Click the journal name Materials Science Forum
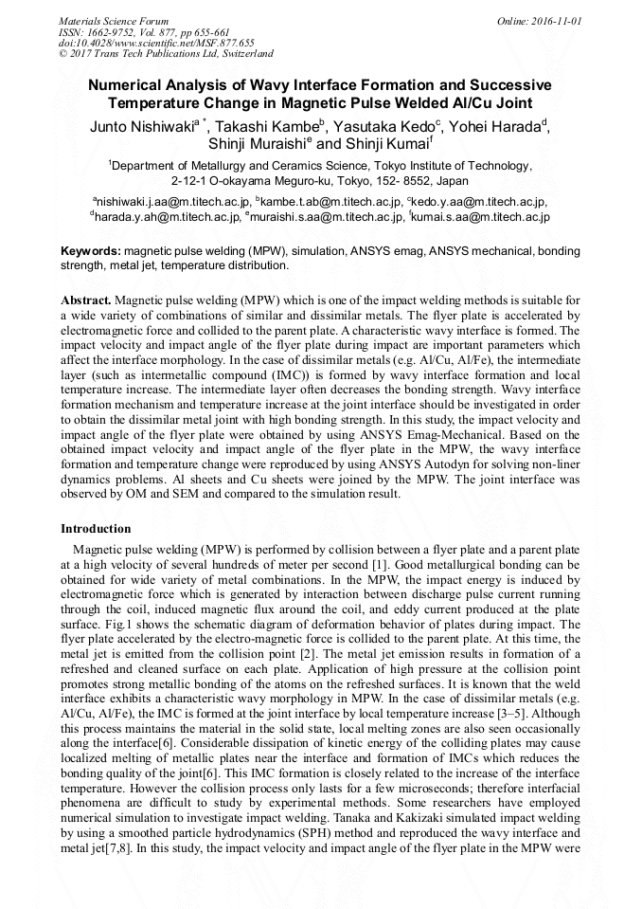pos(114,20)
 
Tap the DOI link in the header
pos(156,43)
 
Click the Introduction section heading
pos(96,528)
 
